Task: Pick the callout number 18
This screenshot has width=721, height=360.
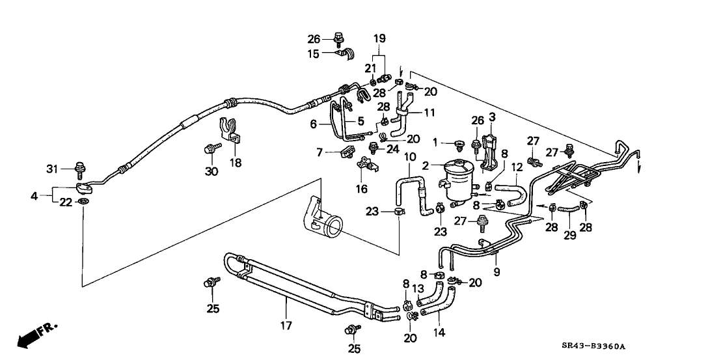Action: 235,163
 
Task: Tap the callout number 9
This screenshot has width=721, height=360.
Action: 497,271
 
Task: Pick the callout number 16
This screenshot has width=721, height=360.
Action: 362,189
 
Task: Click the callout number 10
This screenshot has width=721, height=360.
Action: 410,158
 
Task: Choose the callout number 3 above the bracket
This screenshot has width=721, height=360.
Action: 492,117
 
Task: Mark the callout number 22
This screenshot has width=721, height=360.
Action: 66,202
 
